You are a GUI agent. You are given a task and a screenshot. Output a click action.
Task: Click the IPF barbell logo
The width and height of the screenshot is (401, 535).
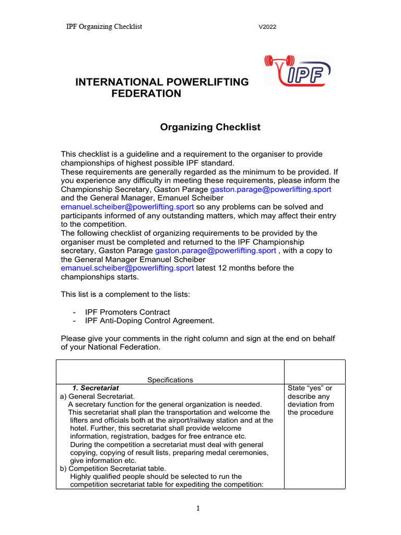coord(298,72)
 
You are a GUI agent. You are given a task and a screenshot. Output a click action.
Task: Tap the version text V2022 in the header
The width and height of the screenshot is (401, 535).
coord(267,27)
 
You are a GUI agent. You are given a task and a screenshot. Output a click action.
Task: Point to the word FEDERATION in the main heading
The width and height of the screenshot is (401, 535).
coord(147,94)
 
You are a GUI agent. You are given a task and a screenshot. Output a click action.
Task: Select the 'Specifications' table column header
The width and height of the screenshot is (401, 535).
coord(170,380)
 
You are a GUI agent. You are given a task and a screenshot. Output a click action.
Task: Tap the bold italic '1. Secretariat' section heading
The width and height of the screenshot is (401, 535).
coord(96,388)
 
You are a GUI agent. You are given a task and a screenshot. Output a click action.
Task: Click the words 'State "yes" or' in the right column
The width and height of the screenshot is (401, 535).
coord(310,388)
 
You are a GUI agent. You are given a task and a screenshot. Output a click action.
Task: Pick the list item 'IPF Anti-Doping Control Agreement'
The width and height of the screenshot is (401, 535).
coord(150,320)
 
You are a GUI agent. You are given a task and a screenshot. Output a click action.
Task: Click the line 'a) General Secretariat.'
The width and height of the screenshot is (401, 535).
coord(98,397)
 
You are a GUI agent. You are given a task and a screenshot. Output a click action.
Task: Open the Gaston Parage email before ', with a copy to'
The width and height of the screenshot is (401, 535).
coord(216,251)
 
